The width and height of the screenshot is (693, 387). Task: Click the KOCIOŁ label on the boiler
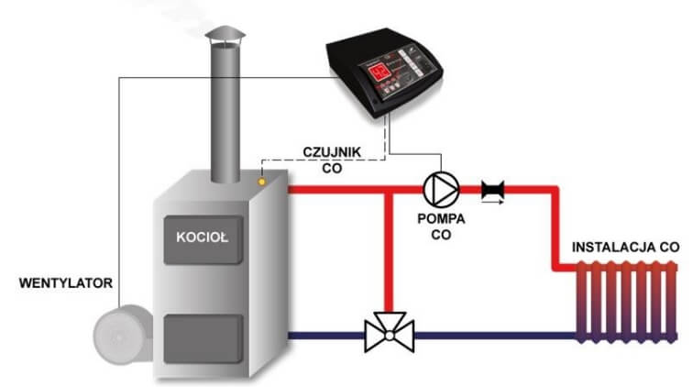point(203,236)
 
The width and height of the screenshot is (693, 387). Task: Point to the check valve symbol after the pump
point(495,190)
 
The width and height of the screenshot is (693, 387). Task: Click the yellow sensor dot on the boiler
point(264,182)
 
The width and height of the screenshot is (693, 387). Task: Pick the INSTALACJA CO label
point(625,248)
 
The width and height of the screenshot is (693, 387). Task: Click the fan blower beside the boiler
point(118,334)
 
